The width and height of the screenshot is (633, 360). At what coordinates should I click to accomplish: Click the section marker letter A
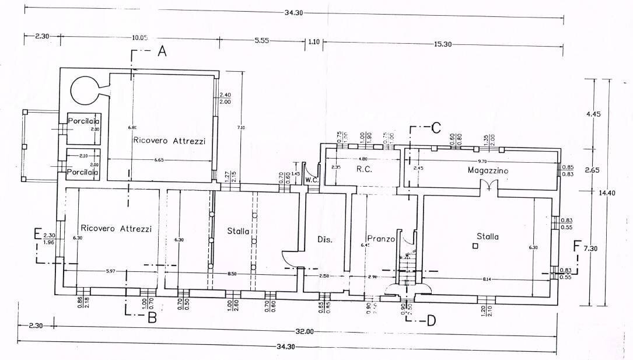click(162, 53)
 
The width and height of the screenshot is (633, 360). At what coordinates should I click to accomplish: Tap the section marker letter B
click(152, 318)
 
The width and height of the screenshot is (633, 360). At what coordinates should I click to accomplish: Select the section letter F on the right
click(577, 246)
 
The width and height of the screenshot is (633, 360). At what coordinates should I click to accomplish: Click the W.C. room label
click(312, 180)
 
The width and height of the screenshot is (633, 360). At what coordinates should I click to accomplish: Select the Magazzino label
click(488, 170)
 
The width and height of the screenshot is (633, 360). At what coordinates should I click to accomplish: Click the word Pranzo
click(382, 239)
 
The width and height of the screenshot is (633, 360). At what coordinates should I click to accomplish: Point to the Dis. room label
click(324, 239)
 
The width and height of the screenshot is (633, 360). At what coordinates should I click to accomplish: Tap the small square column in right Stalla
click(475, 247)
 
